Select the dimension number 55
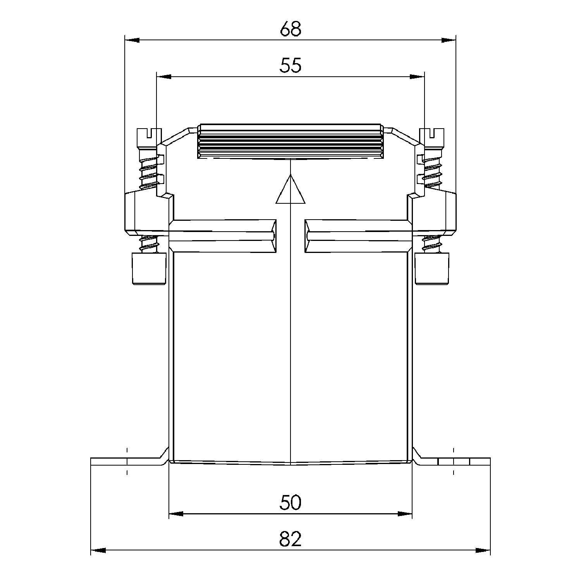[x=290, y=66]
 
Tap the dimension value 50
[x=290, y=503]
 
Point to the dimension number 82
[x=290, y=539]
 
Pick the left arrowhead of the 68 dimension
[x=132, y=40]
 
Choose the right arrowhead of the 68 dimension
[x=449, y=40]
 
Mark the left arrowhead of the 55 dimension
[x=163, y=77]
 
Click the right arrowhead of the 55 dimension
[x=417, y=77]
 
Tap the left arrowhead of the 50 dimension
[x=177, y=514]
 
